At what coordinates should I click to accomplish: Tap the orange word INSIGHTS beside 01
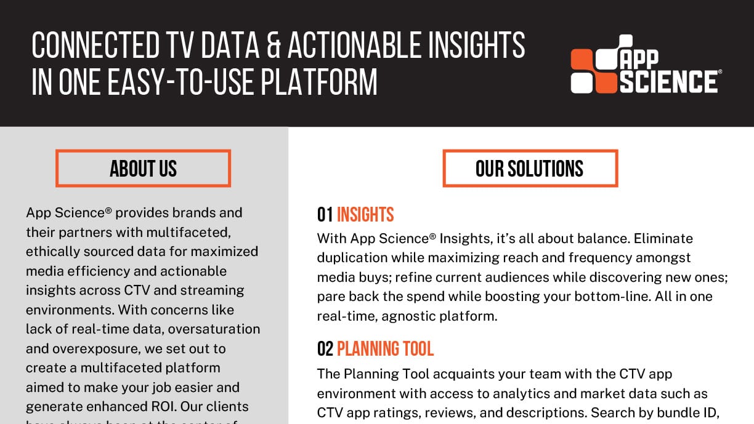(x=365, y=215)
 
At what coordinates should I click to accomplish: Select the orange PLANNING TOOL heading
(x=385, y=349)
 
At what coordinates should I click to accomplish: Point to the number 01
(x=325, y=215)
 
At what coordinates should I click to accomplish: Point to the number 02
(x=325, y=349)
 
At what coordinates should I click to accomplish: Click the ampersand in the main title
(x=274, y=45)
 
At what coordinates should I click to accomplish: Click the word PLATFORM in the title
(x=319, y=82)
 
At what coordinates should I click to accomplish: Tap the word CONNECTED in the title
(x=95, y=45)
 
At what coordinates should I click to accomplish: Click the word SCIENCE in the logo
(x=669, y=81)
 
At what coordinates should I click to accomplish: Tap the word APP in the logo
(x=639, y=60)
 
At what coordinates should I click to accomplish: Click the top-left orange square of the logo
(x=582, y=60)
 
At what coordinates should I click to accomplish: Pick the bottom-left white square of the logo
(x=582, y=82)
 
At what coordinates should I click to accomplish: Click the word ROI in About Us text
(x=164, y=407)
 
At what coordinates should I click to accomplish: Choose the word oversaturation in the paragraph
(x=214, y=329)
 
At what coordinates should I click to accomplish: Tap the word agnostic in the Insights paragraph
(x=408, y=316)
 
